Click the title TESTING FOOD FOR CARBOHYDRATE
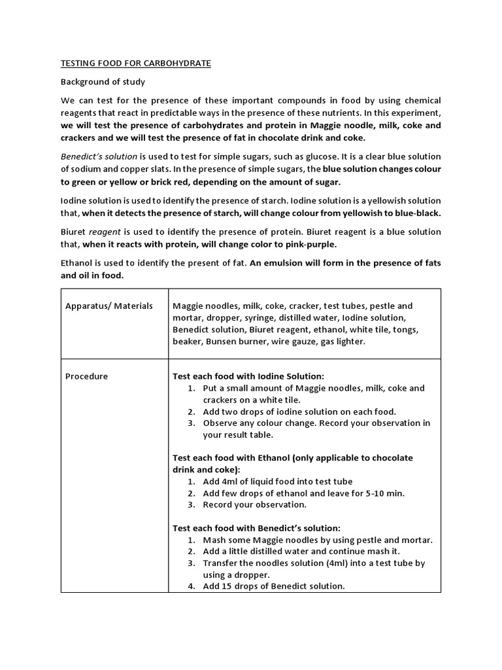click(136, 63)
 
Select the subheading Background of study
click(103, 82)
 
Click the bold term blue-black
click(418, 213)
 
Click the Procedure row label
click(87, 376)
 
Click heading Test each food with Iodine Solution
click(248, 376)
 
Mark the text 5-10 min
click(386, 493)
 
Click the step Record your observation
click(254, 504)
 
